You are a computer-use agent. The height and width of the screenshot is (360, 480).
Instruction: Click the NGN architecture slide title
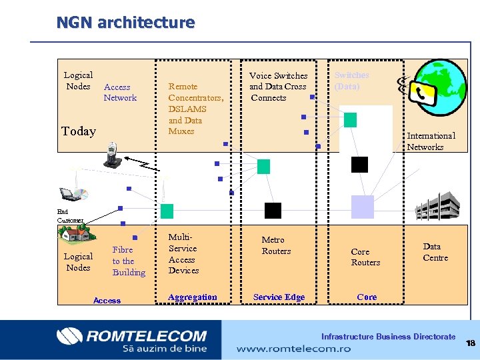point(125,23)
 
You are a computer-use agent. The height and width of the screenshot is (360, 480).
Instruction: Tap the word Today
point(79,131)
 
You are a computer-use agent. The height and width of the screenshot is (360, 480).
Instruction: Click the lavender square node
point(363,207)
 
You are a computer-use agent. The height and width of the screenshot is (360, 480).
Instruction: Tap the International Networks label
point(431,141)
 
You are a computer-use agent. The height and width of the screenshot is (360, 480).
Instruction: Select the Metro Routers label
point(276,245)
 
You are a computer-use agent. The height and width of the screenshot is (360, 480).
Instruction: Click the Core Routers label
point(365,257)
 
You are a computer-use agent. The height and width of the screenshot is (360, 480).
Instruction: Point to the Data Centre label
point(435,252)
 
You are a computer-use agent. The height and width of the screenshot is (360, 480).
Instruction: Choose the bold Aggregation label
point(193,297)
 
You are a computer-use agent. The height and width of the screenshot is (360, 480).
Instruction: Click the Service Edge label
point(279,297)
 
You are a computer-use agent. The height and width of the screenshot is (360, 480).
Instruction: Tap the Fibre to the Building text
point(128,261)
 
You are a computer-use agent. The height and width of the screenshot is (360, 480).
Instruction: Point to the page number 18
point(471,343)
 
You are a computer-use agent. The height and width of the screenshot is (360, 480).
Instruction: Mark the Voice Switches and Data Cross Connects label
point(278,87)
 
